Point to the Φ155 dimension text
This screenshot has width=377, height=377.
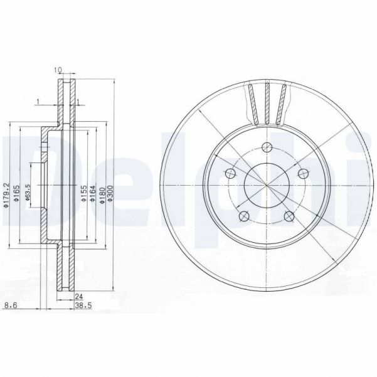coord(83,196)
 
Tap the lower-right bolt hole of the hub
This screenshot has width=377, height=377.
coord(289,216)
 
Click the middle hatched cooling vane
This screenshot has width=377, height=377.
coord(268,104)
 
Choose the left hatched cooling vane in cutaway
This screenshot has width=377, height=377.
coord(253,103)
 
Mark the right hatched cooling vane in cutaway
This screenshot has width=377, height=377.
coord(284,103)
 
